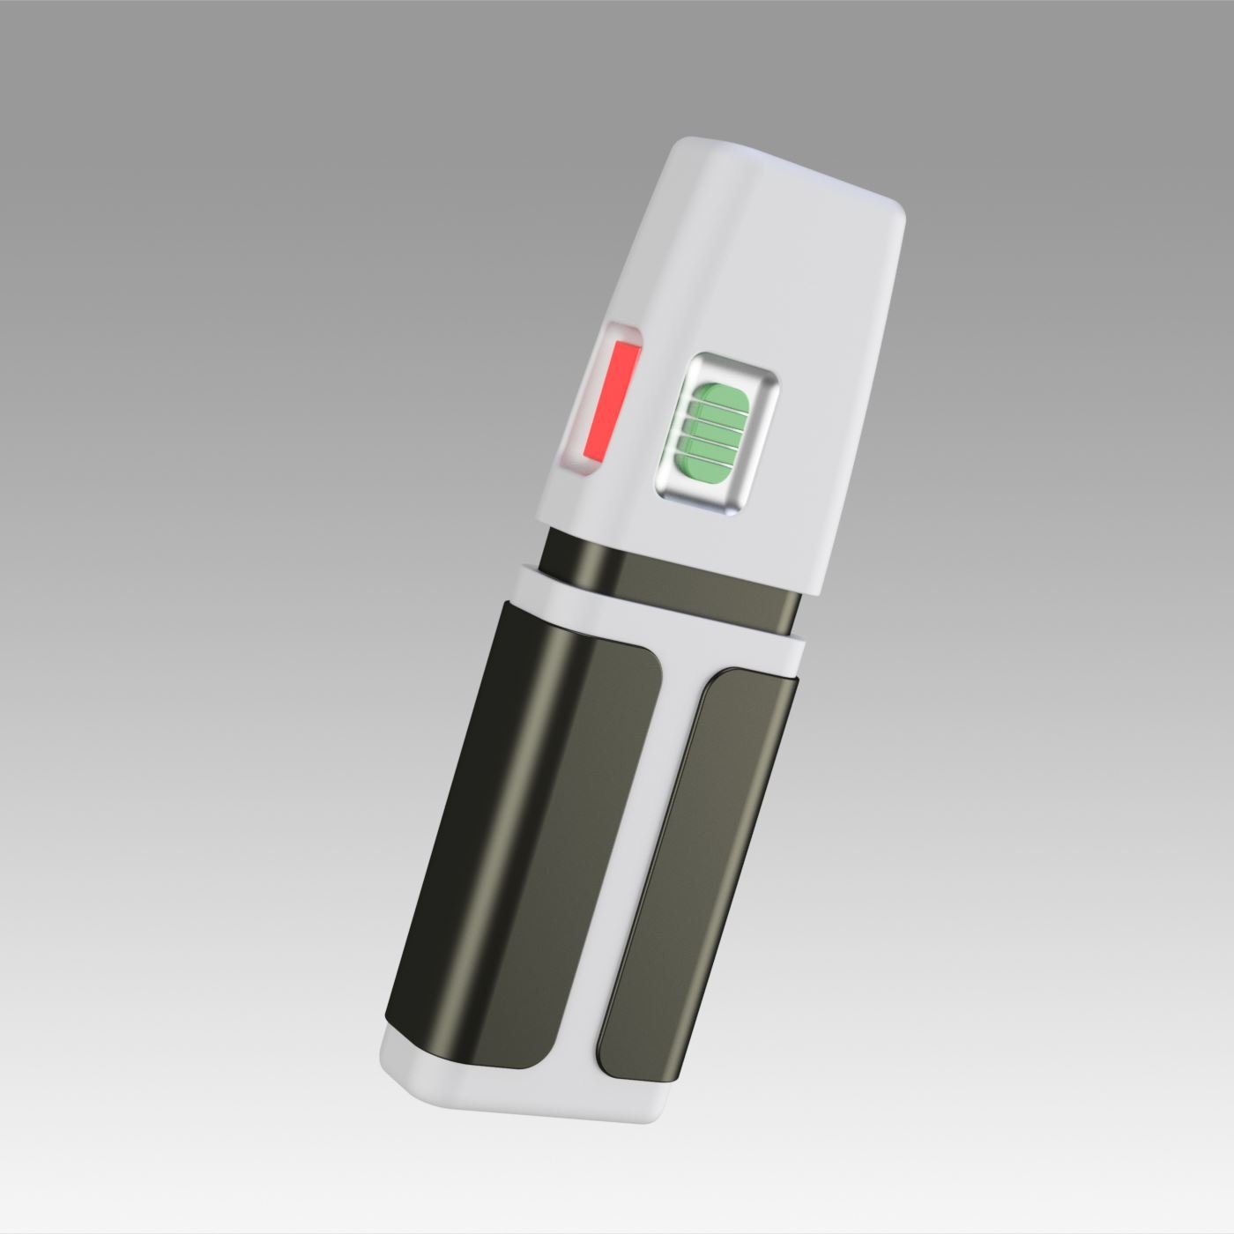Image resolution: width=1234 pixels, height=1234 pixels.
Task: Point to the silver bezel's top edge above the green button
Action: click(x=737, y=362)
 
